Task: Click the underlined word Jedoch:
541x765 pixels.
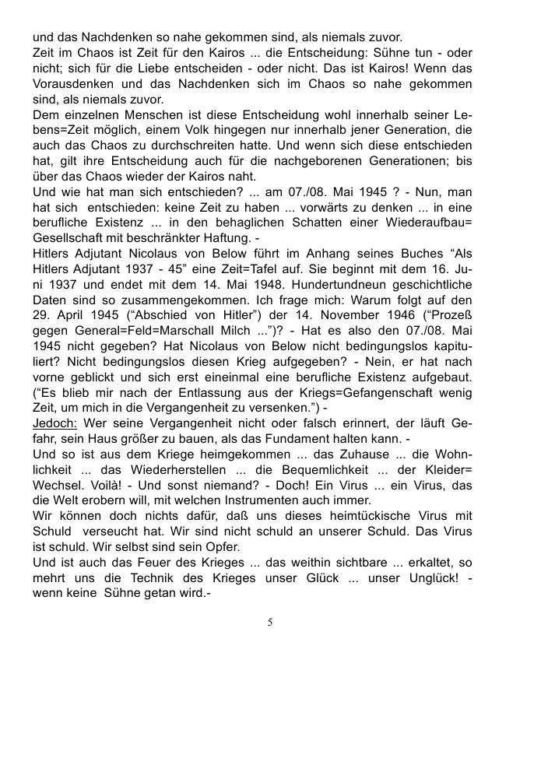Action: (x=54, y=424)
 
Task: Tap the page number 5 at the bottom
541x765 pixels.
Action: (x=269, y=622)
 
